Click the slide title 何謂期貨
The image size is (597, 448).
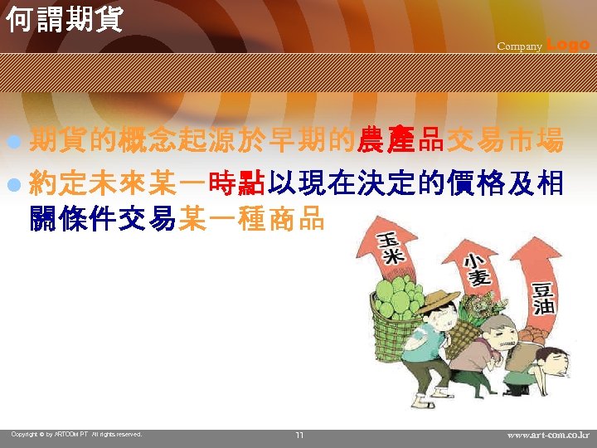click(x=64, y=17)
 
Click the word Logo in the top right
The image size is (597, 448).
click(x=569, y=45)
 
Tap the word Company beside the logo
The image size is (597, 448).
click(x=519, y=46)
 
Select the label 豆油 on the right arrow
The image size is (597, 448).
click(x=544, y=297)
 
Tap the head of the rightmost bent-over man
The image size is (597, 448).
click(x=550, y=362)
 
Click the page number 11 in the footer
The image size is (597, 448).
click(x=299, y=435)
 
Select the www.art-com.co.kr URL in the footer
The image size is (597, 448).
click(x=548, y=435)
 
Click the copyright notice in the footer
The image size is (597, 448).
click(x=76, y=434)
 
